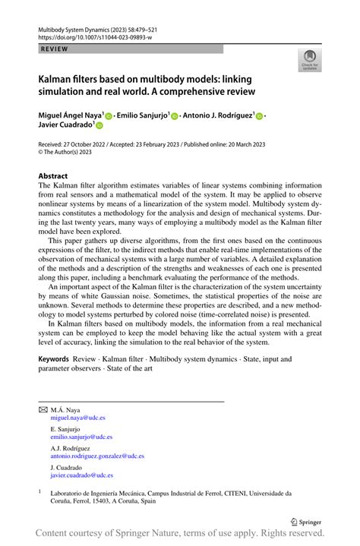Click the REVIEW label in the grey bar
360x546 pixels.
point(54,49)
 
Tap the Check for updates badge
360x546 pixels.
point(309,61)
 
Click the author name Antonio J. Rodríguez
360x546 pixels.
point(218,115)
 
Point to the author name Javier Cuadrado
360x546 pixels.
point(65,127)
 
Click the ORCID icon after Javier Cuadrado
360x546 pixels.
point(99,128)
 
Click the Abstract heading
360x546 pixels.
point(53,176)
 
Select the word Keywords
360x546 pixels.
point(54,358)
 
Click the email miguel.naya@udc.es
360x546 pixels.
point(77,418)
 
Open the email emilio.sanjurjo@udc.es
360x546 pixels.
point(81,437)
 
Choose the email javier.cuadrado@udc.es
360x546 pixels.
point(81,475)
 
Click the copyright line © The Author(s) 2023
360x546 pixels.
point(73,151)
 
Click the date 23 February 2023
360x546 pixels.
point(157,144)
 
